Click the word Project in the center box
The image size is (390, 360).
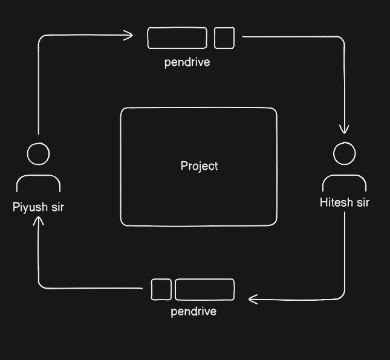[199, 166]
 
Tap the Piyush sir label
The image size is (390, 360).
[39, 207]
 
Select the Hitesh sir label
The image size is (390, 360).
[345, 202]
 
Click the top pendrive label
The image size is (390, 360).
[187, 62]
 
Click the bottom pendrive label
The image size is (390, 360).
[193, 312]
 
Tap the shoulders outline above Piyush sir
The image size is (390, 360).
[38, 175]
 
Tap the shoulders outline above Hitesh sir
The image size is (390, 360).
[345, 175]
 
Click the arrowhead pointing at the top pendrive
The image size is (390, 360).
[132, 35]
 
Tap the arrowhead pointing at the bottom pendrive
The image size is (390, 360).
[250, 299]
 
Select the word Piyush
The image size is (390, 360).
[30, 207]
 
